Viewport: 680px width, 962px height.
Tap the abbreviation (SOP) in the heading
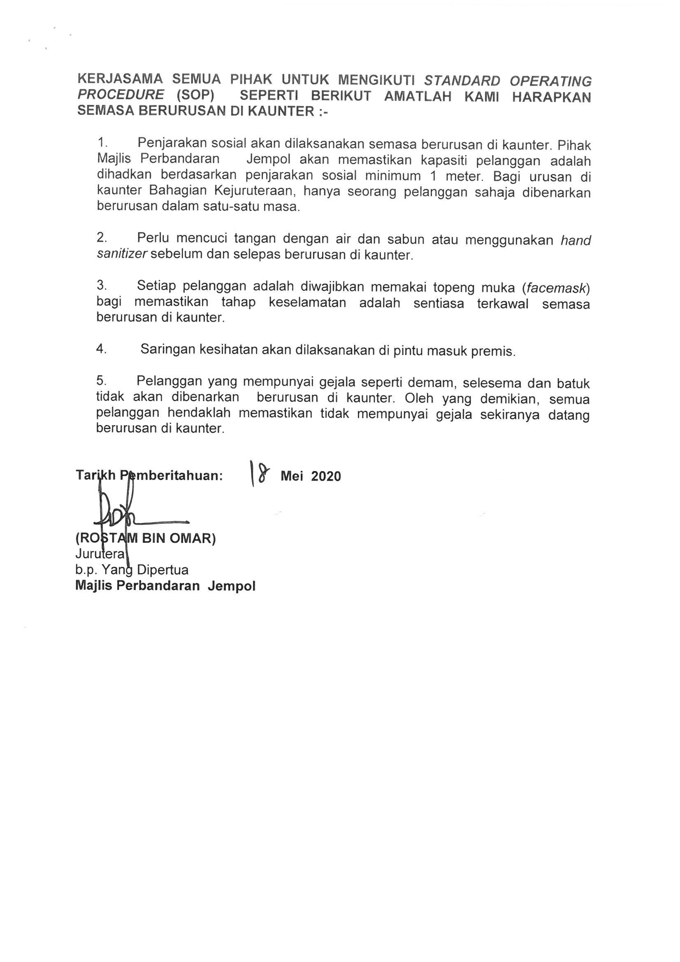point(195,95)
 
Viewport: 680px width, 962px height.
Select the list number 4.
point(101,349)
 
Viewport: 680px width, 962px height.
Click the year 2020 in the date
point(326,476)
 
